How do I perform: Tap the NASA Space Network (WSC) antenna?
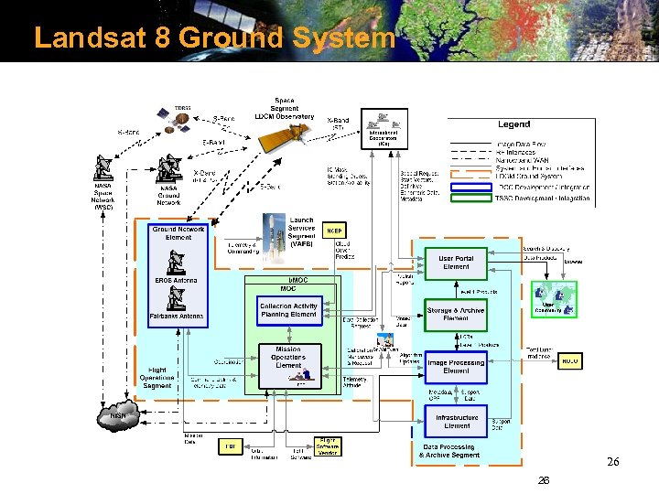pos(103,169)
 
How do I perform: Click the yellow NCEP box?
pos(335,230)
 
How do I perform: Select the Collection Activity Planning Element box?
pos(288,310)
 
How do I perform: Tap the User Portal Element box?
pos(456,263)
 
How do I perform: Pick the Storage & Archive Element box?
pos(456,315)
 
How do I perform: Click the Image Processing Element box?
pos(456,367)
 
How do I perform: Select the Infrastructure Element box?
pos(456,421)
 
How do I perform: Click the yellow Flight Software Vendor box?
pos(326,446)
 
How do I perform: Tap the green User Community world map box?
pos(555,299)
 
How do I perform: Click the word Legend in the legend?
pos(513,124)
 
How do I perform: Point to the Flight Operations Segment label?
pos(157,378)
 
